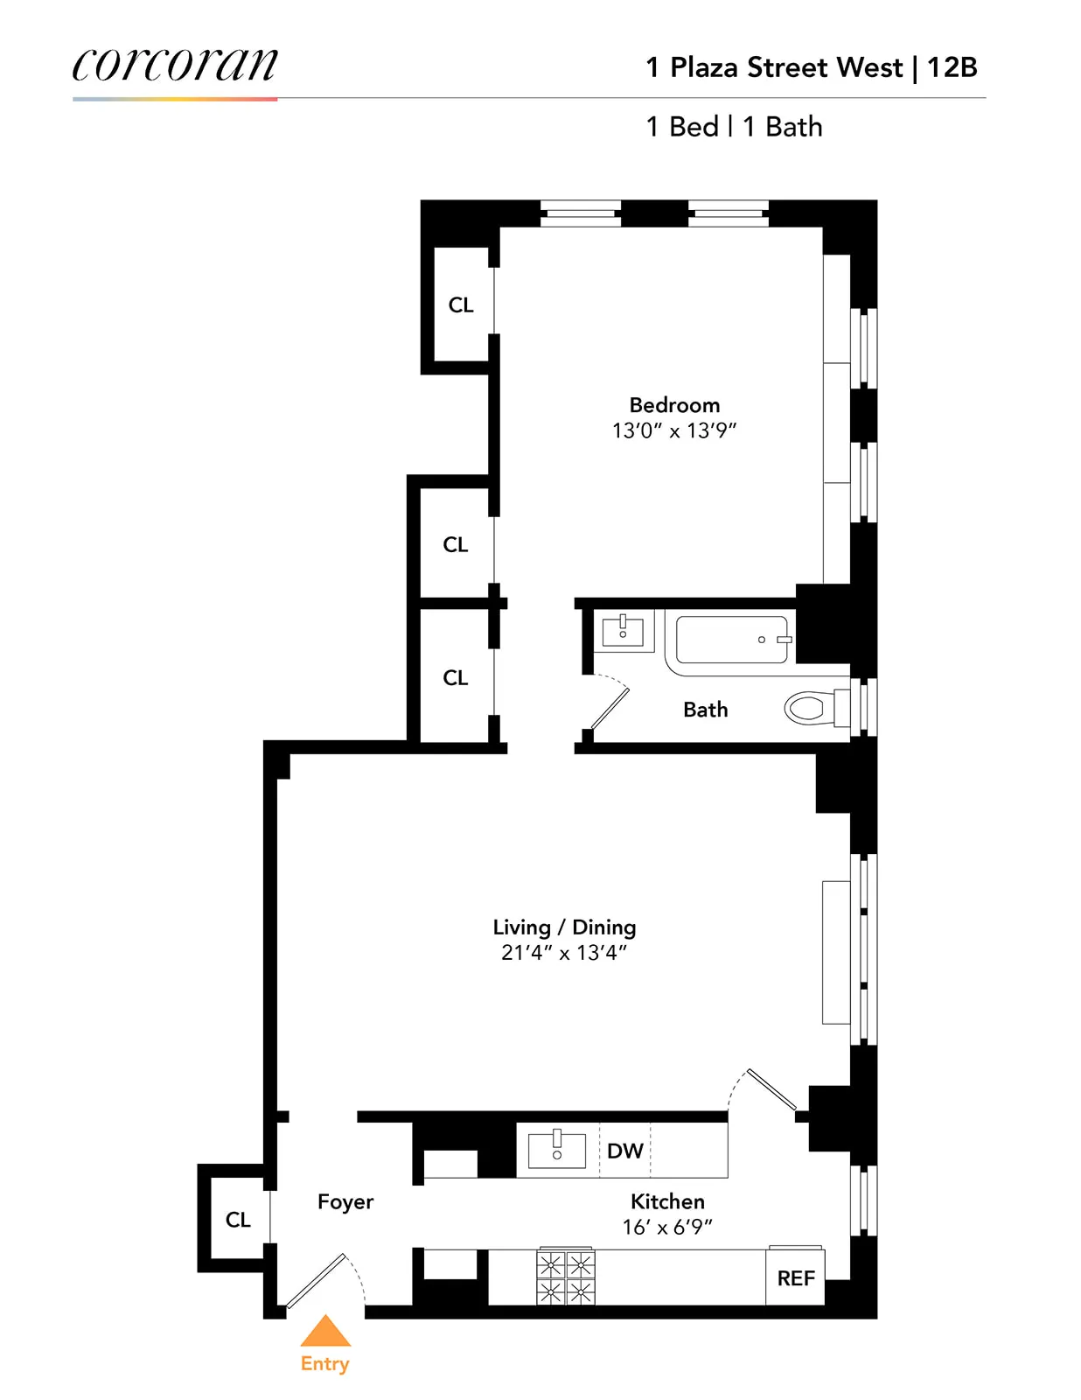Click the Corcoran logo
[x=175, y=65]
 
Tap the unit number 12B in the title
[x=952, y=67]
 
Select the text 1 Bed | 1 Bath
[x=734, y=127]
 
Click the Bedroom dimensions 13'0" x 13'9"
[x=673, y=430]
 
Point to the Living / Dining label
[x=564, y=927]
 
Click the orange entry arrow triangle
[x=325, y=1332]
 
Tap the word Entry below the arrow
[x=324, y=1363]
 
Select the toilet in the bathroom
[x=813, y=708]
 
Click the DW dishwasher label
[x=624, y=1151]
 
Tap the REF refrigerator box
[x=795, y=1278]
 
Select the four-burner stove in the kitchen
[x=565, y=1277]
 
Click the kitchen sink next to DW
[x=557, y=1148]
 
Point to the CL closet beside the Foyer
[x=237, y=1219]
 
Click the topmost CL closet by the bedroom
[x=460, y=304]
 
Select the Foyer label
[x=345, y=1201]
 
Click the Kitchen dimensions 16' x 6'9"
[x=667, y=1227]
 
